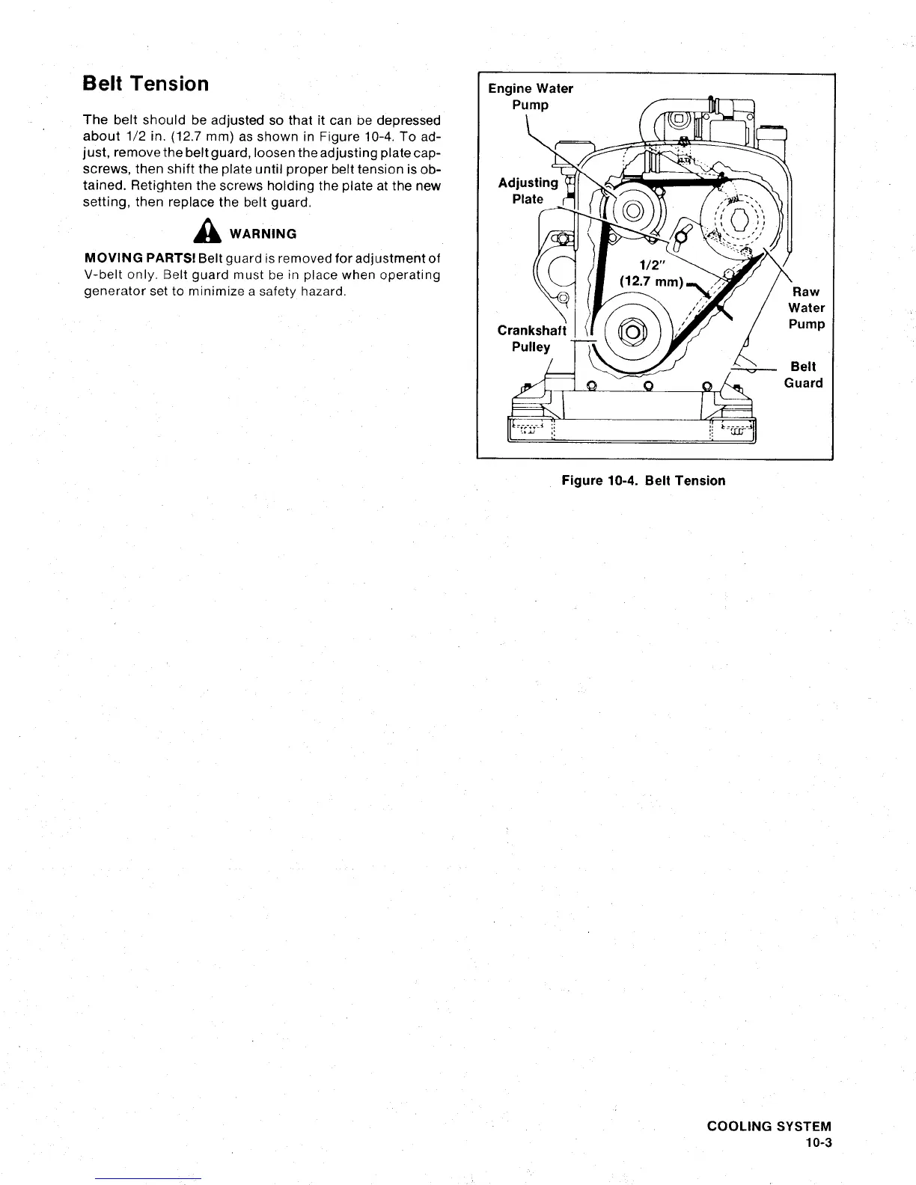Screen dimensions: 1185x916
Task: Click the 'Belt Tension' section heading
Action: click(x=145, y=84)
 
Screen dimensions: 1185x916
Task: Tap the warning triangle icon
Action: click(x=202, y=233)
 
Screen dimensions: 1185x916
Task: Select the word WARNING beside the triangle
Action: click(x=263, y=234)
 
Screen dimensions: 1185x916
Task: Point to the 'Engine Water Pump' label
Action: click(x=531, y=97)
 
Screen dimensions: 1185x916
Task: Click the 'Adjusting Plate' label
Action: click(x=528, y=191)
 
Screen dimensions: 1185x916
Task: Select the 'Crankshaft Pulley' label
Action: click(x=531, y=338)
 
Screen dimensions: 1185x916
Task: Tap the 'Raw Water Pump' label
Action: click(x=806, y=307)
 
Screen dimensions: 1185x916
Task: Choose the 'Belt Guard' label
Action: click(x=803, y=375)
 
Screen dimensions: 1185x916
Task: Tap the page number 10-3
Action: click(x=819, y=1143)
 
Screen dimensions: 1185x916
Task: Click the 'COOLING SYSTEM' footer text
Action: click(x=769, y=1127)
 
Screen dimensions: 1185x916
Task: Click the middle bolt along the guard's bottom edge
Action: click(x=649, y=386)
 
